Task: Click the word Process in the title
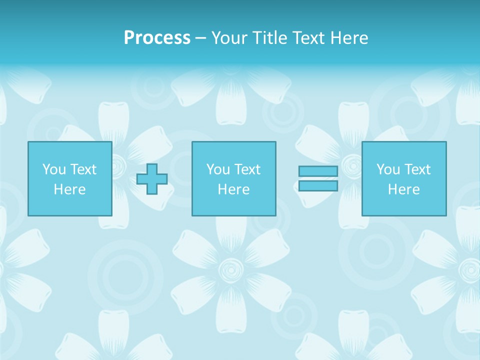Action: [x=157, y=38]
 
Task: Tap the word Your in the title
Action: [x=229, y=38]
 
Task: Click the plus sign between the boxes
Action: [x=152, y=179]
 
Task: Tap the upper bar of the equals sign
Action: [x=318, y=171]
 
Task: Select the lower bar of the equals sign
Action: [x=318, y=186]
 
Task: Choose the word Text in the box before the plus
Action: [x=82, y=169]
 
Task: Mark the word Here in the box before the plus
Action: [x=69, y=189]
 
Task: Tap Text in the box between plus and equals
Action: [x=246, y=169]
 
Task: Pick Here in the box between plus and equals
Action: [x=233, y=189]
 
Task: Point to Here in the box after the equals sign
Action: [x=403, y=189]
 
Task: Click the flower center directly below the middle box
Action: [x=231, y=270]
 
